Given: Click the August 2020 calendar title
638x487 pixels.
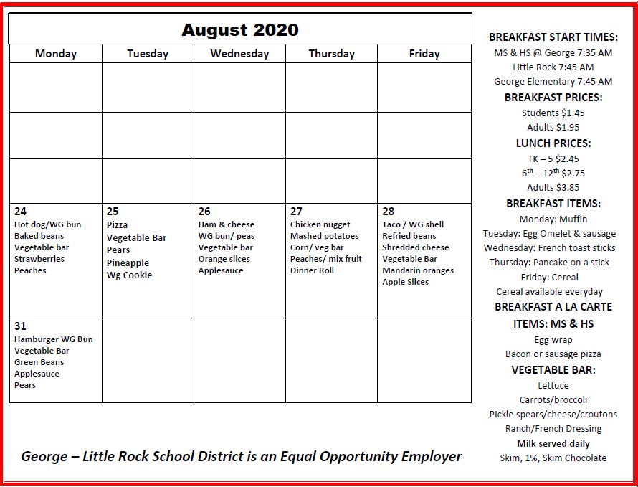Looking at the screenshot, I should (x=239, y=30).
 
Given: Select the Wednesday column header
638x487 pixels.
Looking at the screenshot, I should (x=239, y=54).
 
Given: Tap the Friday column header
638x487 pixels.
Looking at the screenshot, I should (x=424, y=54).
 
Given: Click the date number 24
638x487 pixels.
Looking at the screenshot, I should (x=20, y=212).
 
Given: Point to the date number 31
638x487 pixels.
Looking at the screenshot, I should (x=20, y=326).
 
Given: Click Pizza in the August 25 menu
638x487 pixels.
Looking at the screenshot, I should (x=117, y=225).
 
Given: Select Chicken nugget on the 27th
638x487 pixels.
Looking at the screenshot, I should (x=320, y=224).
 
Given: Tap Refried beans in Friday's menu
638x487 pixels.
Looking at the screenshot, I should (x=409, y=236).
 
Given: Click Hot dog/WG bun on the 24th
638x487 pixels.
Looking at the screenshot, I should (x=47, y=224).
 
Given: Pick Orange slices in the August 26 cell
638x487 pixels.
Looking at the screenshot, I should (x=224, y=259).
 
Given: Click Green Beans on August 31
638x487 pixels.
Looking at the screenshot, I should (x=39, y=362).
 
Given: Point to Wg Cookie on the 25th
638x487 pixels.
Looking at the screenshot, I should (x=129, y=275).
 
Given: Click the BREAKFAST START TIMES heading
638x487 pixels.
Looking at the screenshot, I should (x=553, y=37).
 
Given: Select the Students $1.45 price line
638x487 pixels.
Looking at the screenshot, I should (x=553, y=113).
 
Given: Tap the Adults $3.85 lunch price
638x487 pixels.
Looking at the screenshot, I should (x=553, y=188).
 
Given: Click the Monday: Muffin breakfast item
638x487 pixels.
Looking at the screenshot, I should (x=553, y=219).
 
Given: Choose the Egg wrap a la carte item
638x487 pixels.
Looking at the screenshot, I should (x=553, y=340).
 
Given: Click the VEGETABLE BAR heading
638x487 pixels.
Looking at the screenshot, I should (x=553, y=370).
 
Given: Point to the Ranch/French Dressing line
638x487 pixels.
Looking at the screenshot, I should (x=553, y=429).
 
